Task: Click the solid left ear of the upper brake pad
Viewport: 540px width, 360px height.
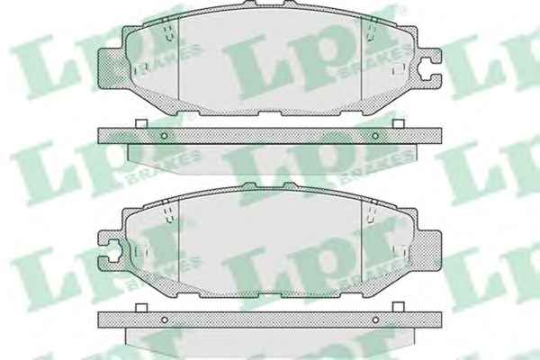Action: [111, 67]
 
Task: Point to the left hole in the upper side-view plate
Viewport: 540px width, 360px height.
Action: [165, 136]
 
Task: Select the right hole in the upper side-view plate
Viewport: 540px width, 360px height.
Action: [375, 136]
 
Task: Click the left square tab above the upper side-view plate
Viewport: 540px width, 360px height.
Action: [141, 123]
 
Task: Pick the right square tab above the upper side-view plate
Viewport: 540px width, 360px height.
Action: [399, 123]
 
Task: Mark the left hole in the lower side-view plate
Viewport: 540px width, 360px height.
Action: [165, 319]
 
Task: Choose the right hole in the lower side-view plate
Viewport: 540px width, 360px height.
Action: [375, 319]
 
